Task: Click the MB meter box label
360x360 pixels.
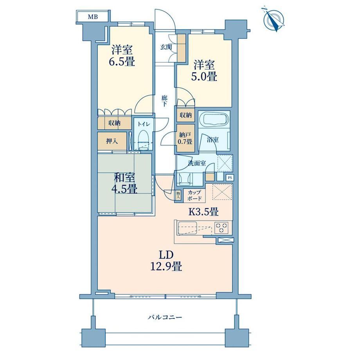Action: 93,16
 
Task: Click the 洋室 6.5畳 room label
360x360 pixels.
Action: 122,56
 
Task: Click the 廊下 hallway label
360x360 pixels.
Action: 164,101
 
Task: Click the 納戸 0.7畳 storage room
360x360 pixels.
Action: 185,138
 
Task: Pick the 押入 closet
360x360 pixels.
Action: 112,141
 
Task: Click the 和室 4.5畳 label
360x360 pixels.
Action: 124,183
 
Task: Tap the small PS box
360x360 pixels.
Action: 230,178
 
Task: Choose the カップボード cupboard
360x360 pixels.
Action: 194,195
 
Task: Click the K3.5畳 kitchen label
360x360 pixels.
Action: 203,211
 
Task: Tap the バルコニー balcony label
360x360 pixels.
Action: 165,317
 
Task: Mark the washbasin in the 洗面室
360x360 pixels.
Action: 185,178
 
